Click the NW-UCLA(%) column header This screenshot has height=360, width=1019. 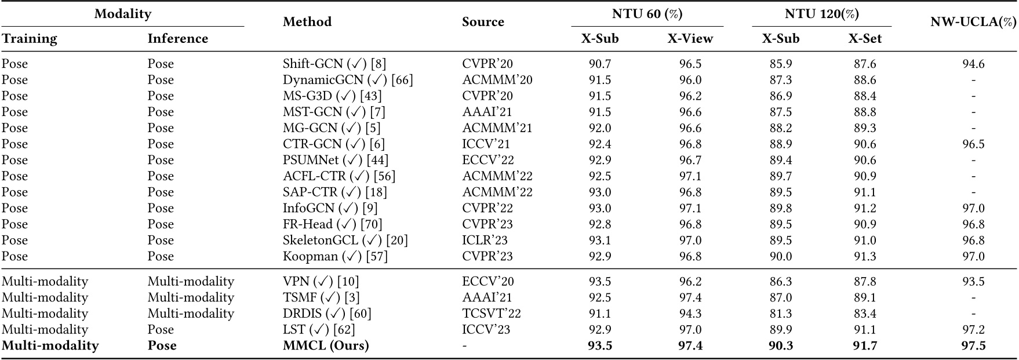click(973, 23)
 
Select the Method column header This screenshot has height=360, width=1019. click(307, 22)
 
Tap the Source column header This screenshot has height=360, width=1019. click(483, 22)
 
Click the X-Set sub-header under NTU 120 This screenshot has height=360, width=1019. click(865, 39)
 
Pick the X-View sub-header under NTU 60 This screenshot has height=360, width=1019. click(690, 39)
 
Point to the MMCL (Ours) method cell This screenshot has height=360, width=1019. click(326, 346)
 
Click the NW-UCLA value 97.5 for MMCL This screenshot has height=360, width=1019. click(973, 346)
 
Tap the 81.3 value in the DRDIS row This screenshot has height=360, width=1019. click(780, 314)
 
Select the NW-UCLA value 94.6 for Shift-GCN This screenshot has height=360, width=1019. click(973, 64)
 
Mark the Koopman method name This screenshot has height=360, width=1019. click(308, 256)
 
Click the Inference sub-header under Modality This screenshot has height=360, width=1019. click(177, 39)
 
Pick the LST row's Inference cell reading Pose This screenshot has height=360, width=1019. click(161, 330)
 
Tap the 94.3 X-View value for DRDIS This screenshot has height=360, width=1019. click(690, 314)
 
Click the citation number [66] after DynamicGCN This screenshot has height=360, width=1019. click(402, 80)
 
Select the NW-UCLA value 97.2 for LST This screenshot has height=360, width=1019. click(973, 330)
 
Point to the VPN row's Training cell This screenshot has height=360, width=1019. click(45, 282)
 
